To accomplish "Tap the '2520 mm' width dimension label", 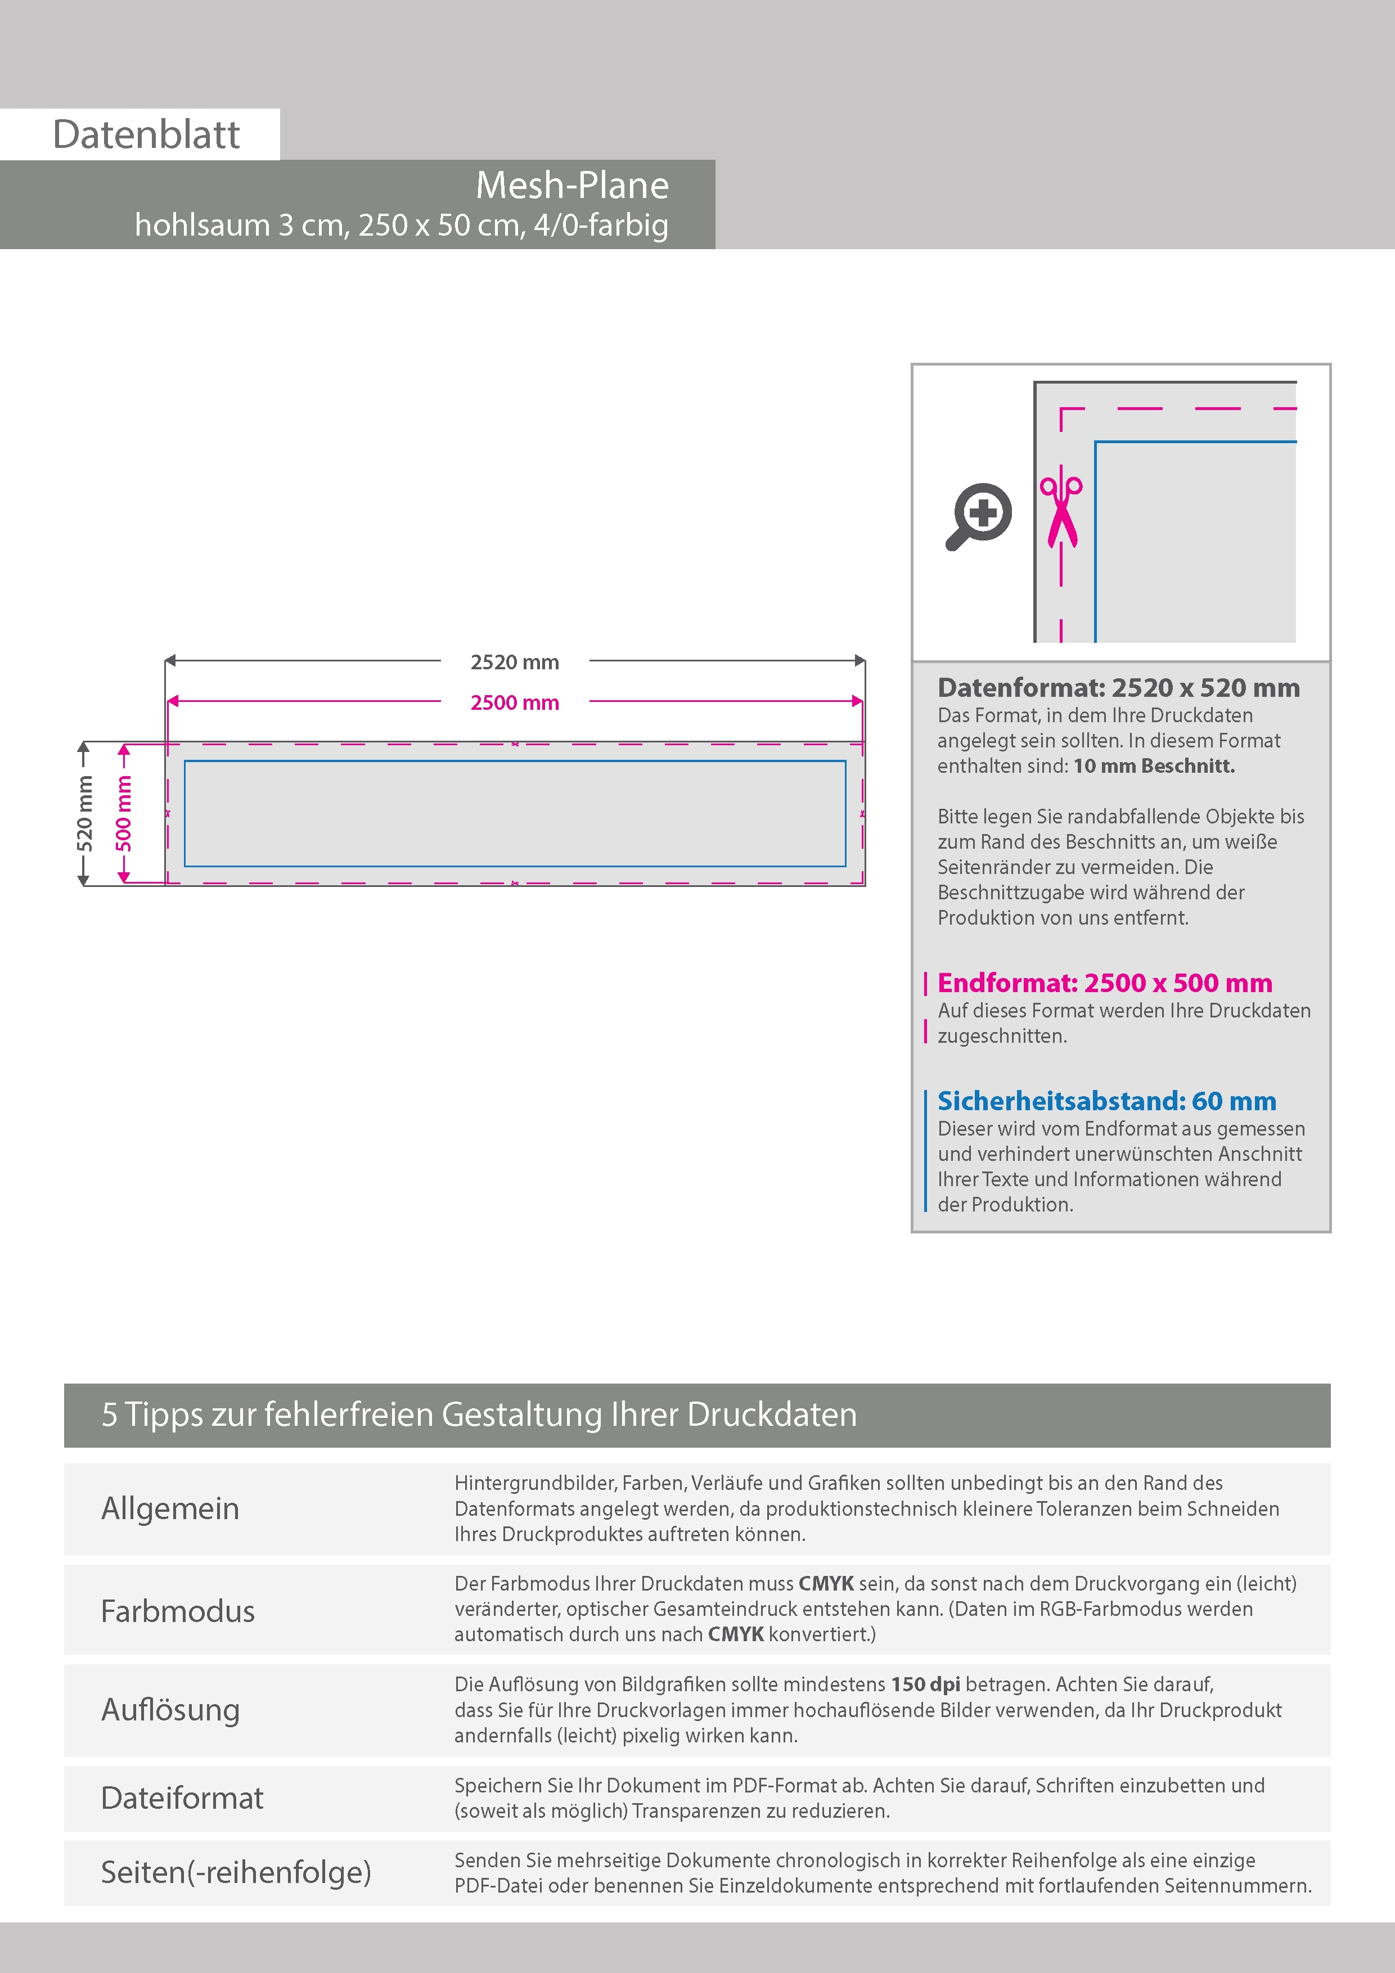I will [x=514, y=661].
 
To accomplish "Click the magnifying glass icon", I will [x=979, y=516].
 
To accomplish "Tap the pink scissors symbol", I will [x=1061, y=511].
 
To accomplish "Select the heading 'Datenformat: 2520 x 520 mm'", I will [x=1118, y=687].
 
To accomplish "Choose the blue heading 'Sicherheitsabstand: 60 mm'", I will [x=1106, y=1101].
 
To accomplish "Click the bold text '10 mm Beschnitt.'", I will [x=1154, y=765].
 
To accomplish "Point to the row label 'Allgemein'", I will [x=170, y=1508].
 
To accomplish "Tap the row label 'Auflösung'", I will [x=170, y=1709].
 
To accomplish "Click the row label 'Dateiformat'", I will [x=182, y=1798].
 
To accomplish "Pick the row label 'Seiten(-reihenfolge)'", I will [x=236, y=1872].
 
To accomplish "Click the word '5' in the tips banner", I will [x=109, y=1415].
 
